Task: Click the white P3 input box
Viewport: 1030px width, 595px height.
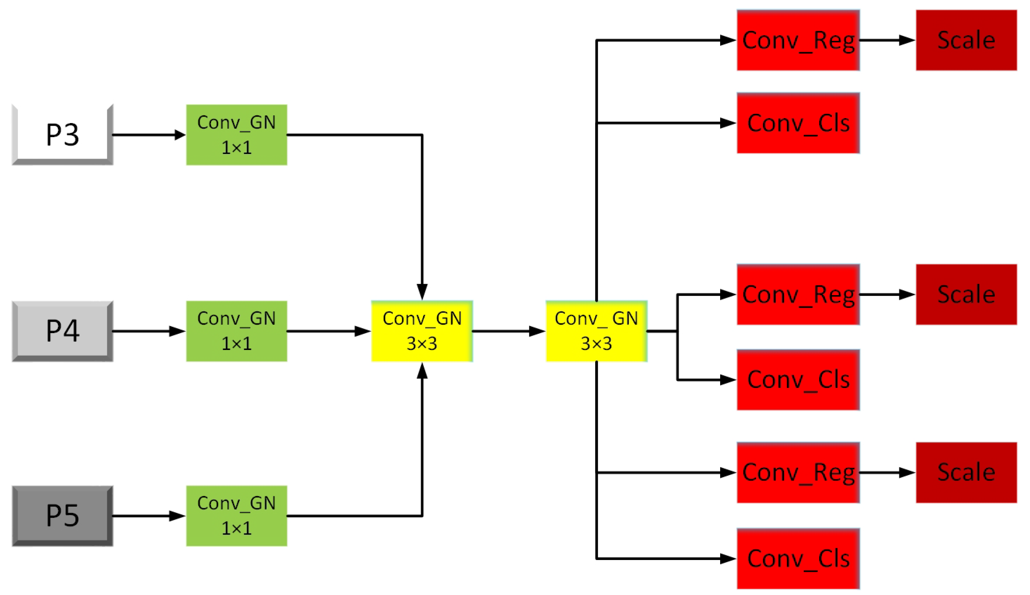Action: [x=63, y=134]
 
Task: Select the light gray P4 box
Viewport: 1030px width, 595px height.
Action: [x=63, y=331]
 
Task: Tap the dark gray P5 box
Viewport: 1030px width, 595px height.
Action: [x=63, y=516]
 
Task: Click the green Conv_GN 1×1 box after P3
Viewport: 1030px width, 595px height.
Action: [x=237, y=135]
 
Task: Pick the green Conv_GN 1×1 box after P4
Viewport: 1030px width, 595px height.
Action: [x=237, y=331]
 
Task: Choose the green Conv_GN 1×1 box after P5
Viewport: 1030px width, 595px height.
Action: [x=237, y=516]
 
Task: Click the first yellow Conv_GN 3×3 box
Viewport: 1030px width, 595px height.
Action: [x=422, y=331]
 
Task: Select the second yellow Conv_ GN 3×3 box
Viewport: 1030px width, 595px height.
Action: [x=596, y=331]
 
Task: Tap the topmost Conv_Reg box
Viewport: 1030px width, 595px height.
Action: [x=798, y=40]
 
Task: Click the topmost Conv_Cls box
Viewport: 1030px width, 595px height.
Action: [x=798, y=123]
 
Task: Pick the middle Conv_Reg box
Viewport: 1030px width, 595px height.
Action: [x=798, y=294]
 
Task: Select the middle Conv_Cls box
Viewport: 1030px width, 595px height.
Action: [x=798, y=380]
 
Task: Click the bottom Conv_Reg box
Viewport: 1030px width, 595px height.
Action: [x=798, y=472]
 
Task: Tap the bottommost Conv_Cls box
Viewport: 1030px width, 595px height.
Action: [x=798, y=558]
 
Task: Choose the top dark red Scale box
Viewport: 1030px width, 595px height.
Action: [x=966, y=40]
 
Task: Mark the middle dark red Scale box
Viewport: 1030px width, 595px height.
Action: [x=966, y=294]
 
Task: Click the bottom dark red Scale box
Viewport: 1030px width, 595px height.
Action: [x=966, y=472]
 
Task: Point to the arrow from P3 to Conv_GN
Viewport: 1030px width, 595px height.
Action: [x=149, y=134]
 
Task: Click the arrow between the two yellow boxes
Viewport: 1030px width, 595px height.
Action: [x=508, y=331]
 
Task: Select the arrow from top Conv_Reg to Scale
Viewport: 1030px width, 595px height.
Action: [x=887, y=40]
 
